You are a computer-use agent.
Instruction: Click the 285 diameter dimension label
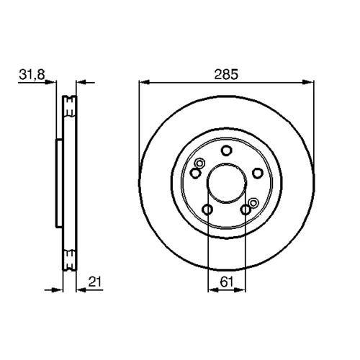coord(226,74)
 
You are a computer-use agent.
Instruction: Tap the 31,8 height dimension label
coord(32,75)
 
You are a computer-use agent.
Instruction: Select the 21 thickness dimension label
coord(95,282)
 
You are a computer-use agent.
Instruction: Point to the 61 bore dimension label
coord(227,282)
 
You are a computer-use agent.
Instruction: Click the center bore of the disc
coord(227,183)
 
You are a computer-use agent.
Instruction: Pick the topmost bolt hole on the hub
coord(226,150)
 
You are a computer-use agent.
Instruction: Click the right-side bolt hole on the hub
coord(258,173)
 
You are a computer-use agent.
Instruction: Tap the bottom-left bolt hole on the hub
coord(207,210)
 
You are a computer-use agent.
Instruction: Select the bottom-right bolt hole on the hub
coord(246,210)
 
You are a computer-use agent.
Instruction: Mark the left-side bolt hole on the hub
coord(195,173)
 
